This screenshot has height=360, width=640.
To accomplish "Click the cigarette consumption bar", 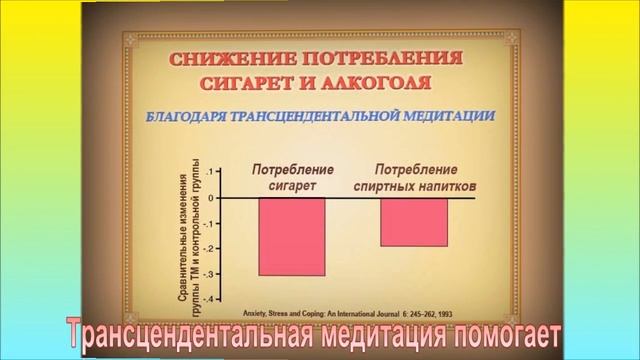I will point(291,236).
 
